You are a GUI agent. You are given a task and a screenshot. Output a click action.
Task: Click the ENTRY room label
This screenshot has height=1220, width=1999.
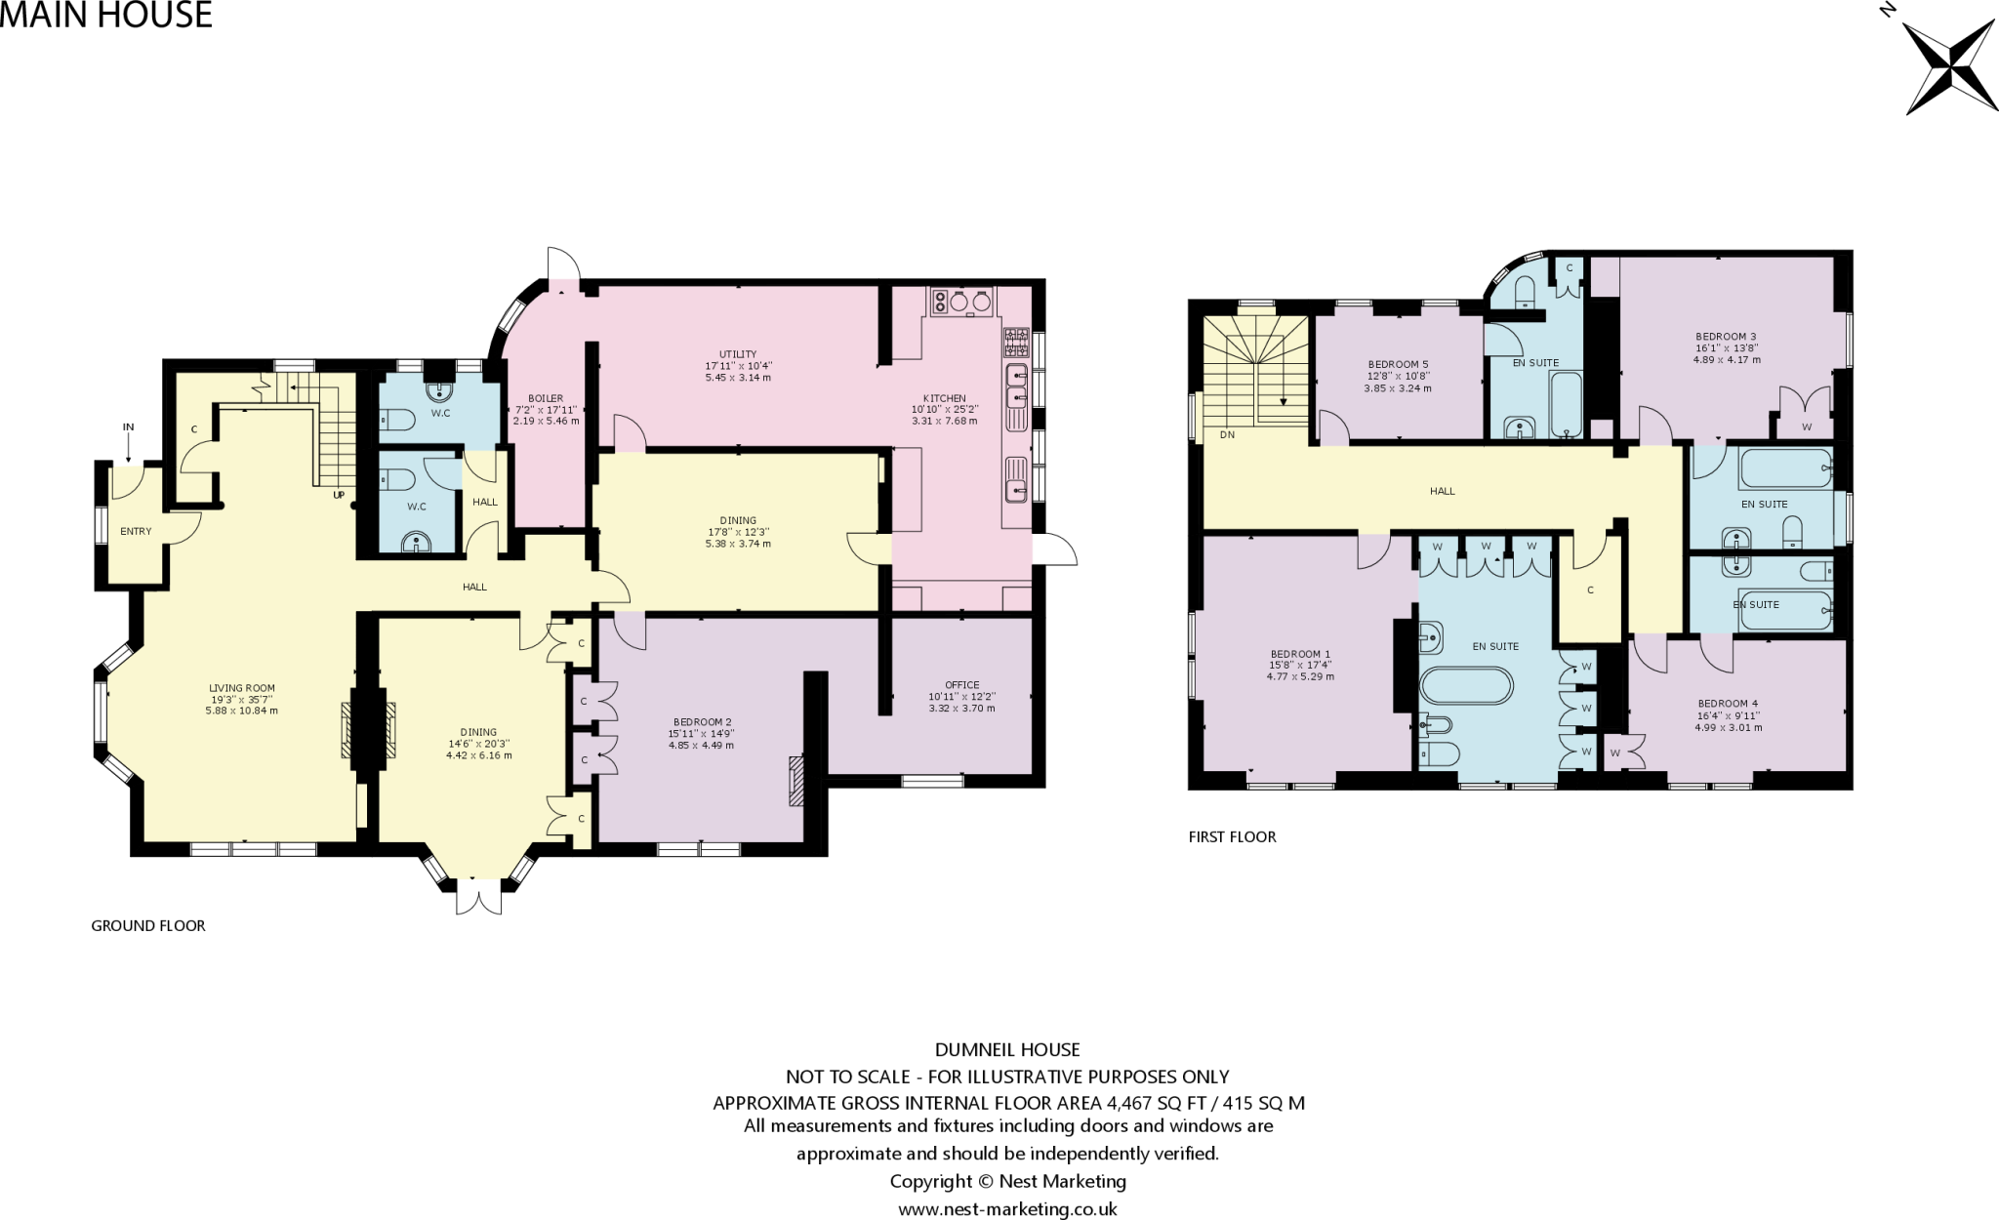point(136,532)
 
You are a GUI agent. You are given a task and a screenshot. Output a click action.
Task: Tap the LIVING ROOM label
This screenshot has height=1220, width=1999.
point(242,688)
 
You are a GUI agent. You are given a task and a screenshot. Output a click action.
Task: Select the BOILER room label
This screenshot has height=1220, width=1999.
point(546,398)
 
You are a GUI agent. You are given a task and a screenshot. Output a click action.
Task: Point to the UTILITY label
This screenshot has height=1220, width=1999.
point(738,354)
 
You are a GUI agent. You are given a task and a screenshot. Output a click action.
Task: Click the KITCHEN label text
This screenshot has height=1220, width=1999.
point(944,398)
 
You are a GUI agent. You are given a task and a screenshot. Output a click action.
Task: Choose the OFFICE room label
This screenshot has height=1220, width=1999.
point(961,685)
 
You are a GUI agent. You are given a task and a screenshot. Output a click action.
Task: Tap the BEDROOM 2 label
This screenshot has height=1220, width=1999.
point(702,722)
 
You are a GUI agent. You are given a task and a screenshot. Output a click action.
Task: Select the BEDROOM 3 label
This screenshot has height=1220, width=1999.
point(1726,337)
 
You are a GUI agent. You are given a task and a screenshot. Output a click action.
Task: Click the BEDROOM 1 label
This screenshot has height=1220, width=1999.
point(1300,654)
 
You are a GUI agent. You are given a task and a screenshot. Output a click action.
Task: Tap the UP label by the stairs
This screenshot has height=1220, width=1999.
point(339,495)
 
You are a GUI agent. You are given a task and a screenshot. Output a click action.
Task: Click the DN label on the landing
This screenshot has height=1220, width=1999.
point(1227,435)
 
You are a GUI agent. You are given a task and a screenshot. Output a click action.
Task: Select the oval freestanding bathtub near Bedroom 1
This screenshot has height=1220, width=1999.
point(1466,685)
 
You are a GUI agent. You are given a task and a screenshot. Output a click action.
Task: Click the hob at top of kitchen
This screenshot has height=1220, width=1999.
point(961,302)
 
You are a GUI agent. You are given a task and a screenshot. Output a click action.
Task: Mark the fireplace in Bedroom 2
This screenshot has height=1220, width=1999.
point(796,782)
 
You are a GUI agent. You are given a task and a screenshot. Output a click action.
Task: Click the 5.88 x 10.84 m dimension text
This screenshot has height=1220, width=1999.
point(242,711)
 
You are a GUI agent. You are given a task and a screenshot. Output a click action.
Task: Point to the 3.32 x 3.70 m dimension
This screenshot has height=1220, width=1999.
point(961,708)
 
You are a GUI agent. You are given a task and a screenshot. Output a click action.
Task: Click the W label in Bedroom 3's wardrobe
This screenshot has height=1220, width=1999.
point(1806,427)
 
